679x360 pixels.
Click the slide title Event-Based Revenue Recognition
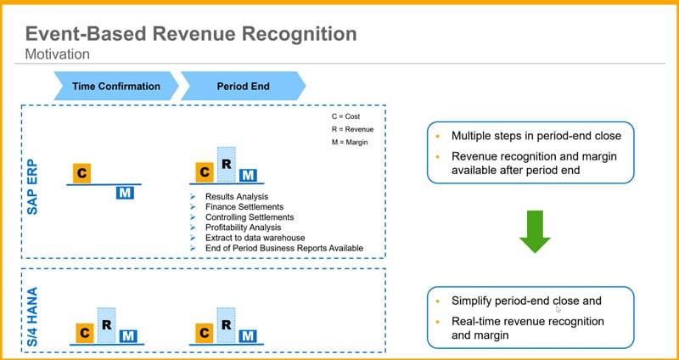point(190,35)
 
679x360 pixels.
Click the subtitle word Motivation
point(58,54)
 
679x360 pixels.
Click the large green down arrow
point(535,230)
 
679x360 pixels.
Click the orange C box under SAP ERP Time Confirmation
point(81,172)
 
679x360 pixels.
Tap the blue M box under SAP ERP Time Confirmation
point(125,193)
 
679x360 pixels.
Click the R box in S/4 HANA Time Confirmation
point(106,325)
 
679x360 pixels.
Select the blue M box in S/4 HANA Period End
point(248,335)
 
